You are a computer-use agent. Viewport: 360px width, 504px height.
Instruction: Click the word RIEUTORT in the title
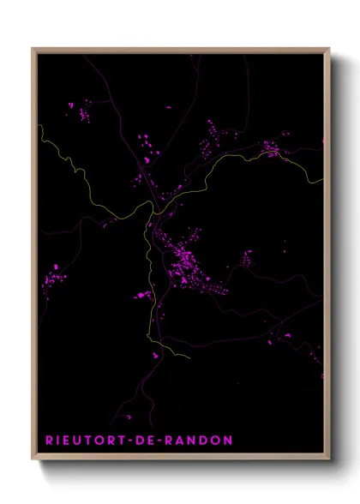[x=87, y=440]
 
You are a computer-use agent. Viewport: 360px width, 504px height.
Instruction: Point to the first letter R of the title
[x=50, y=440]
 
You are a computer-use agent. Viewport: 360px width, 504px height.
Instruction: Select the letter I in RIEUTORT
[x=59, y=440]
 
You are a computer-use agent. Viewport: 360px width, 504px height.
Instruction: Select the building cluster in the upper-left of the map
[x=83, y=111]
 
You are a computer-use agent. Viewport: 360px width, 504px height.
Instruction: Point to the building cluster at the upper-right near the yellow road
[x=271, y=151]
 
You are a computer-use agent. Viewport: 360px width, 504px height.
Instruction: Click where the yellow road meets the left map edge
[x=39, y=127]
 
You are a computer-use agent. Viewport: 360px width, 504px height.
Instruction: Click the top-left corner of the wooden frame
[x=33, y=49]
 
